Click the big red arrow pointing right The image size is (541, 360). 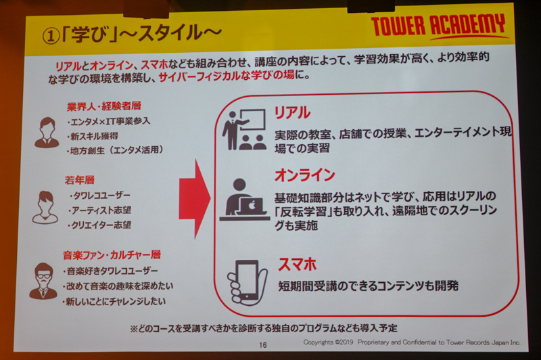click(x=195, y=199)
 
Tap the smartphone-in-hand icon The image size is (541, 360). click(x=247, y=282)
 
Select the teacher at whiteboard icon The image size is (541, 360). click(x=244, y=129)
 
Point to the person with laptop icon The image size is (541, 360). click(x=245, y=200)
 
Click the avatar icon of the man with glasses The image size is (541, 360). click(x=43, y=281)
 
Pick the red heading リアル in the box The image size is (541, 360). click(x=292, y=113)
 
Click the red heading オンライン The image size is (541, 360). click(x=305, y=175)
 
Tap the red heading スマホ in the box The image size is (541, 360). click(x=297, y=265)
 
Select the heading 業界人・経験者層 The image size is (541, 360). click(x=104, y=106)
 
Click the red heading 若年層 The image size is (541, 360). click(x=79, y=180)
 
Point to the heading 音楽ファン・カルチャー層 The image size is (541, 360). click(x=112, y=255)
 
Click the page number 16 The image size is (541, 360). click(x=263, y=345)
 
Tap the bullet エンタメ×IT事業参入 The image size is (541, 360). click(x=108, y=121)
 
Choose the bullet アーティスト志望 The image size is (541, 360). click(x=99, y=210)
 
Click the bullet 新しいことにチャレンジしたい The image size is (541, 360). click(x=114, y=302)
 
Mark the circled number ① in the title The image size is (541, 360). click(x=51, y=37)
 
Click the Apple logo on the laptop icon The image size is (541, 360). click(x=252, y=205)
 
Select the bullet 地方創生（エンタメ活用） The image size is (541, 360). click(x=115, y=150)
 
